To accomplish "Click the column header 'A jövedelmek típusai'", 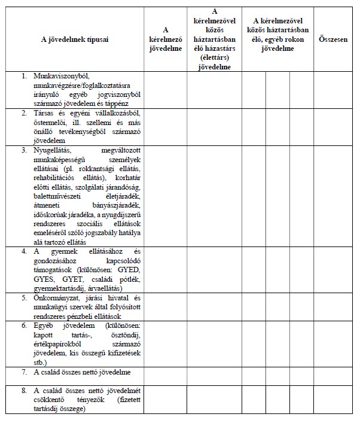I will click(x=75, y=40).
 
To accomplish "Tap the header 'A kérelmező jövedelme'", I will click(x=165, y=40).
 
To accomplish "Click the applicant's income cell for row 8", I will click(x=165, y=400).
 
